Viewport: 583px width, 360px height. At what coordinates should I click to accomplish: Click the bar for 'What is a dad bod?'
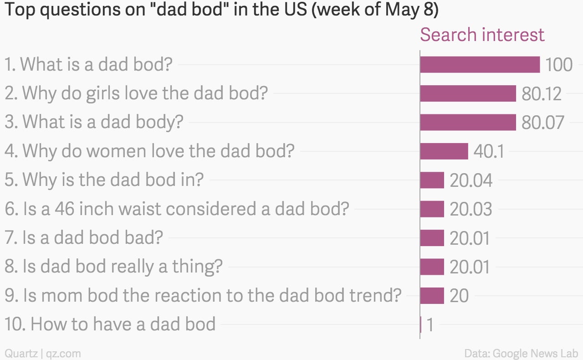(480, 64)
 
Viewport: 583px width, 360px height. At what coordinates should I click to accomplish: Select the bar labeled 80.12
(468, 93)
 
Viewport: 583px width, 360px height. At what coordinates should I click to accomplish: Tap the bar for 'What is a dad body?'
(468, 122)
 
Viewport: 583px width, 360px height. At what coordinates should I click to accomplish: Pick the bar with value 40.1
(444, 151)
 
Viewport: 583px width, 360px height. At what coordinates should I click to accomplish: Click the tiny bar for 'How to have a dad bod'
(421, 324)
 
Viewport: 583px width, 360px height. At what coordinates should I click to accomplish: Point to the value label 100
(559, 65)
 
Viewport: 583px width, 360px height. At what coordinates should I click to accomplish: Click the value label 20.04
(471, 180)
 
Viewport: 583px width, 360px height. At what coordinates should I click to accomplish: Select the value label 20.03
(471, 209)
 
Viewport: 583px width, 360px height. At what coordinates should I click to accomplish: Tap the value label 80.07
(542, 123)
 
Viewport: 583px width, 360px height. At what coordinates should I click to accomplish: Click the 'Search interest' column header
(482, 34)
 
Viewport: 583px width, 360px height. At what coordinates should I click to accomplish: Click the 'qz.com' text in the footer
(63, 354)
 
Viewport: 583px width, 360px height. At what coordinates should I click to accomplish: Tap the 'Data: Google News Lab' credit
(521, 354)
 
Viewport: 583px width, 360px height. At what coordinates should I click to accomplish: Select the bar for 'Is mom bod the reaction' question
(432, 296)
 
